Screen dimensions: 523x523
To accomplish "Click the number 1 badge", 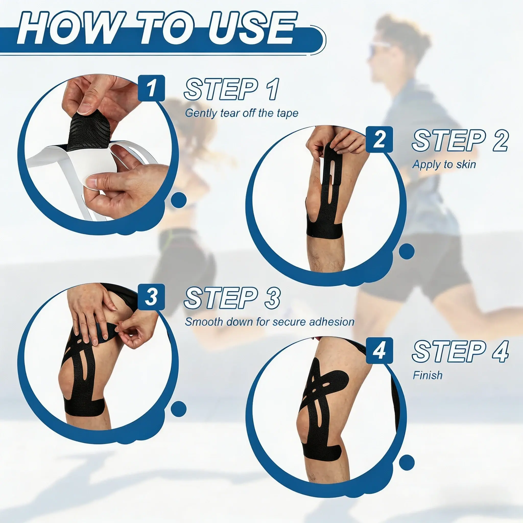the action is [x=151, y=88].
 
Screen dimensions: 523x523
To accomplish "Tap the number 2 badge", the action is [x=379, y=139].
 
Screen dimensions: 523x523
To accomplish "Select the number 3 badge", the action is [x=151, y=297].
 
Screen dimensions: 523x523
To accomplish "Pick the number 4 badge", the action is [x=379, y=350].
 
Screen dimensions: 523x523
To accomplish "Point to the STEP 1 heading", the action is [x=231, y=89].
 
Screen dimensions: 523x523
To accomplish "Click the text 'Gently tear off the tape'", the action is [x=242, y=113].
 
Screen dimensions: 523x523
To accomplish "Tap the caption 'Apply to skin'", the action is [x=444, y=164].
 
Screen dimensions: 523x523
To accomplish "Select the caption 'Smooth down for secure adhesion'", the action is [x=270, y=322].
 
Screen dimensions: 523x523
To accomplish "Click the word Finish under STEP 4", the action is [x=427, y=375].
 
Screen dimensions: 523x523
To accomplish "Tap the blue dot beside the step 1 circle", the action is [x=179, y=200].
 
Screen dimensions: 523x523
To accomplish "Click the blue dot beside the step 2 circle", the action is [x=407, y=251].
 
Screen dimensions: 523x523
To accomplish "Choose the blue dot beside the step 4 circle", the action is [x=407, y=462].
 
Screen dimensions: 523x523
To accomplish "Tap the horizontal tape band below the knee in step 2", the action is [x=324, y=230].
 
